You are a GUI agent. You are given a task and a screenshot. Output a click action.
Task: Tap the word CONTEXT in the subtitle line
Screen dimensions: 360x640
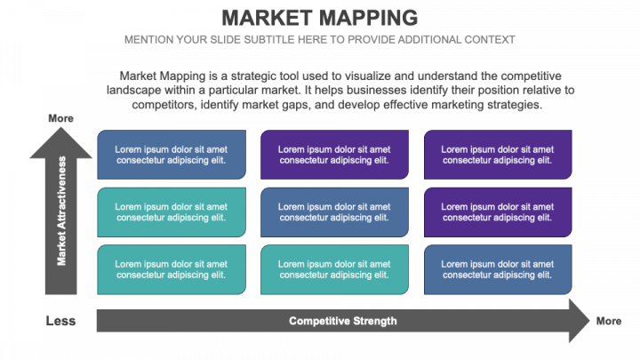(486, 40)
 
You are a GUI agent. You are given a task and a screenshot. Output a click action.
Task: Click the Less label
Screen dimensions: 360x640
(60, 321)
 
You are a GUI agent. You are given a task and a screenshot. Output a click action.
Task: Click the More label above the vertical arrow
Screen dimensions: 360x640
(60, 119)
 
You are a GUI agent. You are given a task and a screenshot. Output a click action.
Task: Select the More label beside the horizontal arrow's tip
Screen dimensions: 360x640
(609, 321)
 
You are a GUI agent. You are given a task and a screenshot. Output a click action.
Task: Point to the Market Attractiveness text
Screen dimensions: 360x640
(61, 211)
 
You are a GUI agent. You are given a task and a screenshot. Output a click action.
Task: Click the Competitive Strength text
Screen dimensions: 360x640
(342, 321)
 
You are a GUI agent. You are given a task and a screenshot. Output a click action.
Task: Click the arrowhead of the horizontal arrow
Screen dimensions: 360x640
(579, 321)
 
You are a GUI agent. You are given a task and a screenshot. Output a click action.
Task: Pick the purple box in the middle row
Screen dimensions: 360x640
(497, 212)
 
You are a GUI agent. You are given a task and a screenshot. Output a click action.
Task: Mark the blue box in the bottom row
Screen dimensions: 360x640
(497, 269)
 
